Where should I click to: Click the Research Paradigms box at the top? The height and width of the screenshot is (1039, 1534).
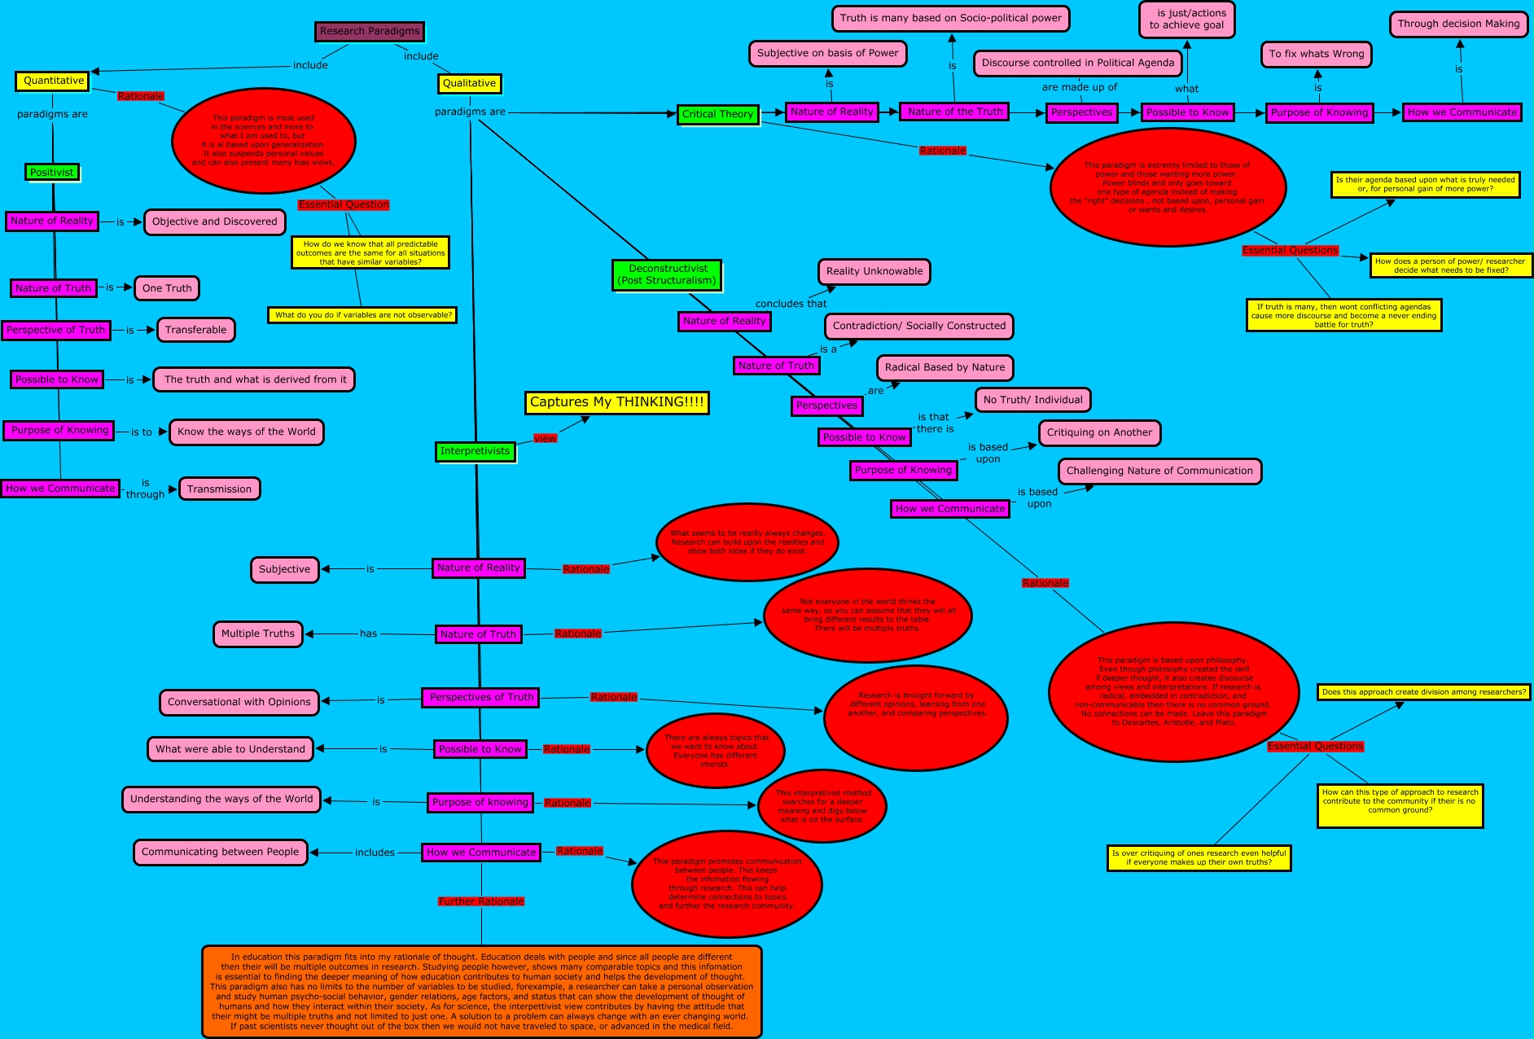click(370, 32)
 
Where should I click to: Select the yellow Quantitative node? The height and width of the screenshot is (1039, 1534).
click(54, 81)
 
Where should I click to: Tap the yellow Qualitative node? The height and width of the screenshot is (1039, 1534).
click(469, 83)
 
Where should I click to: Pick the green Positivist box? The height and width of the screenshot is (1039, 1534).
click(52, 172)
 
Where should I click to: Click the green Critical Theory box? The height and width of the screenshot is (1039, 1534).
click(717, 114)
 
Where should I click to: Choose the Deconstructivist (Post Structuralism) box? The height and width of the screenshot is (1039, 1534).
click(667, 274)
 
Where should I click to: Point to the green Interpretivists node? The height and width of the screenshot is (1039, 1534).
click(475, 451)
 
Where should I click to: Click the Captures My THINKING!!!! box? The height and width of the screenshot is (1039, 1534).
click(616, 402)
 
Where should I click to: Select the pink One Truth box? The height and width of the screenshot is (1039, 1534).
click(167, 288)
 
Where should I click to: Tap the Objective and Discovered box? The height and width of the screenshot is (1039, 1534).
click(214, 221)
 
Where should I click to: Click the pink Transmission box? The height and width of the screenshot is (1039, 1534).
click(219, 489)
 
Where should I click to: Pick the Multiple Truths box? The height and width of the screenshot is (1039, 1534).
click(257, 633)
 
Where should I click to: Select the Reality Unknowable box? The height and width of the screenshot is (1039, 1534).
click(874, 271)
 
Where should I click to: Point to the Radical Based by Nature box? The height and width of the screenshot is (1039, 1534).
click(945, 367)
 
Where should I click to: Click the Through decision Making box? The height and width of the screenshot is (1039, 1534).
click(1458, 24)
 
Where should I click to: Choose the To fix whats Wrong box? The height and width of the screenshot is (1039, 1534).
click(1316, 54)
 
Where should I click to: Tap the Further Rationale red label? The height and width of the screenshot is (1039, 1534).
click(481, 901)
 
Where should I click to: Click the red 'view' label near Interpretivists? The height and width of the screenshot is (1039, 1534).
click(545, 438)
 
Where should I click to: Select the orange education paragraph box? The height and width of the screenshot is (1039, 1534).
click(481, 991)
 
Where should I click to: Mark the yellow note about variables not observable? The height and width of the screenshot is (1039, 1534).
click(362, 315)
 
